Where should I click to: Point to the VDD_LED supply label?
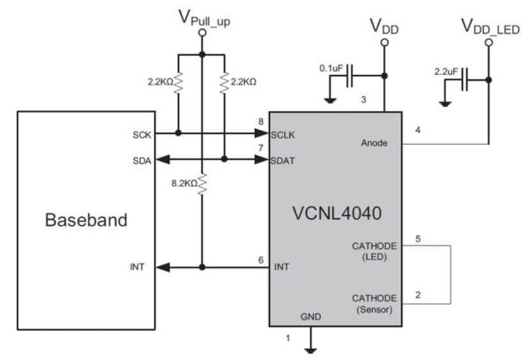[489, 26]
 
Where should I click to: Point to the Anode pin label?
[377, 141]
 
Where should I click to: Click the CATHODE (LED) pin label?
[375, 251]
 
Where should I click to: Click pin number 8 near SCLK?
[261, 121]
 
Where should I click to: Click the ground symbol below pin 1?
[310, 349]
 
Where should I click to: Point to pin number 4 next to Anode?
[418, 131]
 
